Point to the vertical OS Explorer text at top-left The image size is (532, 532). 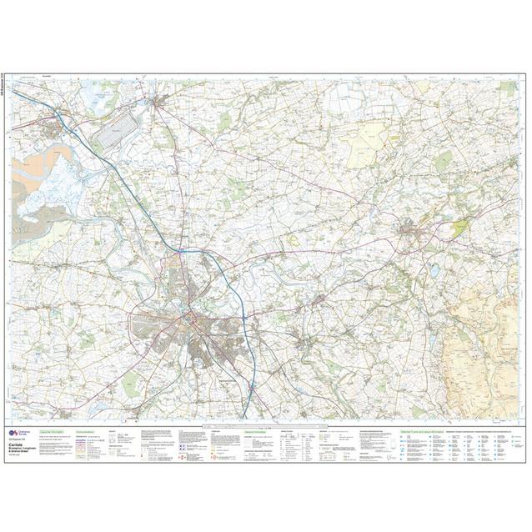pyautogui.click(x=8, y=78)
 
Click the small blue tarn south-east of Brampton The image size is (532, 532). pyautogui.click(x=434, y=270)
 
